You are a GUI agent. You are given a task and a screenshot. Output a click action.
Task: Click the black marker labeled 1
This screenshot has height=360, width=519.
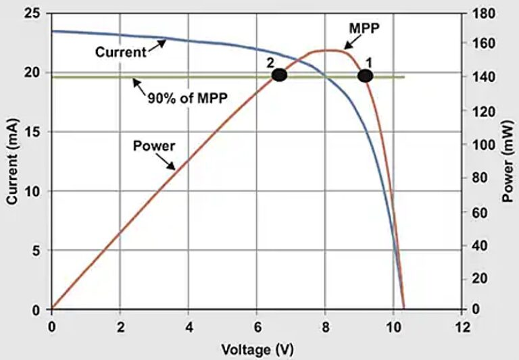pos(365,76)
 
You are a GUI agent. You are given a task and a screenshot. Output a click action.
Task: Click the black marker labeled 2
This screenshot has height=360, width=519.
pos(279,75)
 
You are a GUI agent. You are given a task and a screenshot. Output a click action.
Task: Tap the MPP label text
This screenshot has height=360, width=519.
pos(364,29)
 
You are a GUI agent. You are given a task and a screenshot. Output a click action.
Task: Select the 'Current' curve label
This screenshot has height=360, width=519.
pos(120,51)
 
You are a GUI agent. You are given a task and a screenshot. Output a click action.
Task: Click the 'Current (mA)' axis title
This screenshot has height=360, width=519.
pos(12,161)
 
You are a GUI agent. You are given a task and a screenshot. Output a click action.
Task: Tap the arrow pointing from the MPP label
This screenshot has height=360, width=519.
pos(345,43)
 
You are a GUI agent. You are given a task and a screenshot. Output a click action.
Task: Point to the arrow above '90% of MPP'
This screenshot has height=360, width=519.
pos(139,85)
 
